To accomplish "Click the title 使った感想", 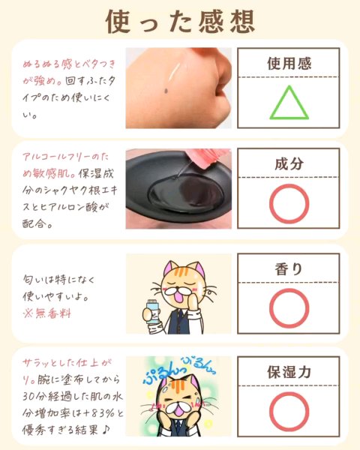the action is (x=180, y=22).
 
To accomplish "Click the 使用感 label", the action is (x=289, y=64).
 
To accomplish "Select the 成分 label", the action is (x=289, y=163).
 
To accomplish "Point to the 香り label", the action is (x=289, y=269).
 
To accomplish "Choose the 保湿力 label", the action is (x=289, y=372).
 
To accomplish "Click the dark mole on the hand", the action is (x=166, y=91).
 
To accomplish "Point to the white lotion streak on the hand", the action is (x=174, y=72).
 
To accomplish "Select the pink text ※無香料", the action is (x=46, y=313).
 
